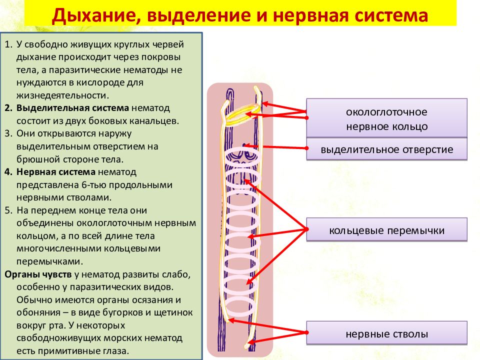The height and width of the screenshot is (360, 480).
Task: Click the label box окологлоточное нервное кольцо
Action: click(386, 118)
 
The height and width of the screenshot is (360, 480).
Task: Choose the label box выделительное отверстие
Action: click(386, 149)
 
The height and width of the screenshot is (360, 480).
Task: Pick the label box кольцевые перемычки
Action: click(386, 229)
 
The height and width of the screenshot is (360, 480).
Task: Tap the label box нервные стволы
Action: click(386, 333)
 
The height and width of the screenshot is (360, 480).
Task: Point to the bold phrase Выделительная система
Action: click(72, 108)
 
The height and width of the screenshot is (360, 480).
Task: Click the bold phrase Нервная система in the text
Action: click(56, 172)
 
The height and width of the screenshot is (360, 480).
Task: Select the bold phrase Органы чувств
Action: click(38, 274)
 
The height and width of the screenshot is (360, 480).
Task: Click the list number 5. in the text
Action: click(8, 210)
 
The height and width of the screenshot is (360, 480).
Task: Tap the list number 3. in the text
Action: click(8, 133)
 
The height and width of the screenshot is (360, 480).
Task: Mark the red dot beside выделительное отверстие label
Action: click(306, 148)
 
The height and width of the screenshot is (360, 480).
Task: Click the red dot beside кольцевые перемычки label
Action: click(306, 229)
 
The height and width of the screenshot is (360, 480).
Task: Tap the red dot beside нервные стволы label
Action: click(306, 332)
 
